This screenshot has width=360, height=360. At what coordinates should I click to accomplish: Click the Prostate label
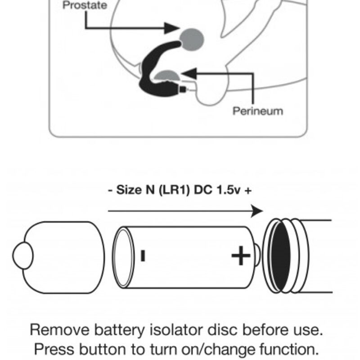click(x=85, y=6)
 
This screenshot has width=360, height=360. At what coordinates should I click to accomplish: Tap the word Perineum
click(x=258, y=111)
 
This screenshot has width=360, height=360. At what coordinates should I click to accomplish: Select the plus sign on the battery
click(x=241, y=256)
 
